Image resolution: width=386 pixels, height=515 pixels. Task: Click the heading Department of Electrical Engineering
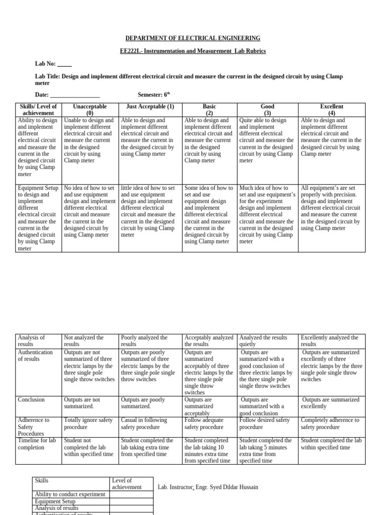click(193, 38)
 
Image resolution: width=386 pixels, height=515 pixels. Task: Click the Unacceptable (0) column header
click(90, 110)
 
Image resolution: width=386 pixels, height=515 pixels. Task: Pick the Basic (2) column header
click(209, 110)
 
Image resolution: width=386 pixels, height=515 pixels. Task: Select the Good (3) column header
click(268, 110)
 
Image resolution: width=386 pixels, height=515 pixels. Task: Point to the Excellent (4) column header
click(332, 110)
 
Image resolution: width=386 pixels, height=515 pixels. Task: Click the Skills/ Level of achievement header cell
click(38, 110)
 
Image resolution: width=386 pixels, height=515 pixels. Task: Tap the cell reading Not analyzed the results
click(90, 341)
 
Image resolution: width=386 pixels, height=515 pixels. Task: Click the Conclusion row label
click(32, 400)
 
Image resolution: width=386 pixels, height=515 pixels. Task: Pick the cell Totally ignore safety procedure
click(90, 423)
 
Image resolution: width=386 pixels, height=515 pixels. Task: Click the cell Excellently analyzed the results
click(332, 341)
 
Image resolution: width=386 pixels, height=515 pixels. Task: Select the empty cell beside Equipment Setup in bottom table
click(131, 501)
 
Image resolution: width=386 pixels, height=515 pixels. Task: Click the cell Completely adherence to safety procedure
click(332, 423)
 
